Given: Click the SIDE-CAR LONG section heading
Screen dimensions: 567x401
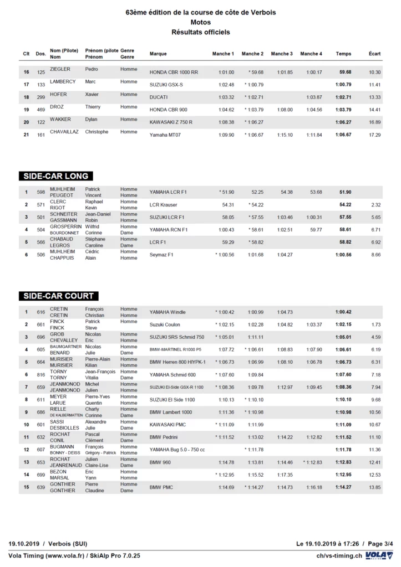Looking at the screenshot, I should click(x=55, y=176).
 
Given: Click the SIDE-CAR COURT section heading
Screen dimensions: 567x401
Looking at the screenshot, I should click(x=58, y=296).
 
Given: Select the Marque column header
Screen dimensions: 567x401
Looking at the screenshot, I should click(x=158, y=54).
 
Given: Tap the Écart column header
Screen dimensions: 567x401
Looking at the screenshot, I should click(x=374, y=54).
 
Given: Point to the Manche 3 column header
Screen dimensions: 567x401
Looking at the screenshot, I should click(x=281, y=54).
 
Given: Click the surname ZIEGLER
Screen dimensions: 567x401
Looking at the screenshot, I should click(x=60, y=69).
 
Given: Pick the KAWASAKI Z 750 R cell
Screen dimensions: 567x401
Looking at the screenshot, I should click(x=171, y=122).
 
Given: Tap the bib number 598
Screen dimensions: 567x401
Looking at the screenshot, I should click(x=40, y=192).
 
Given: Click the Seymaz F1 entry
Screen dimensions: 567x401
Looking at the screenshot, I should click(x=162, y=255).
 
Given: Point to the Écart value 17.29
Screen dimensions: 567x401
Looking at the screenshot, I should click(x=374, y=135).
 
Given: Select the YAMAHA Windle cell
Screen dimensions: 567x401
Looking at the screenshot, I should click(x=167, y=312).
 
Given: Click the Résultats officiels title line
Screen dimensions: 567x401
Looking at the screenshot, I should click(x=201, y=32).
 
